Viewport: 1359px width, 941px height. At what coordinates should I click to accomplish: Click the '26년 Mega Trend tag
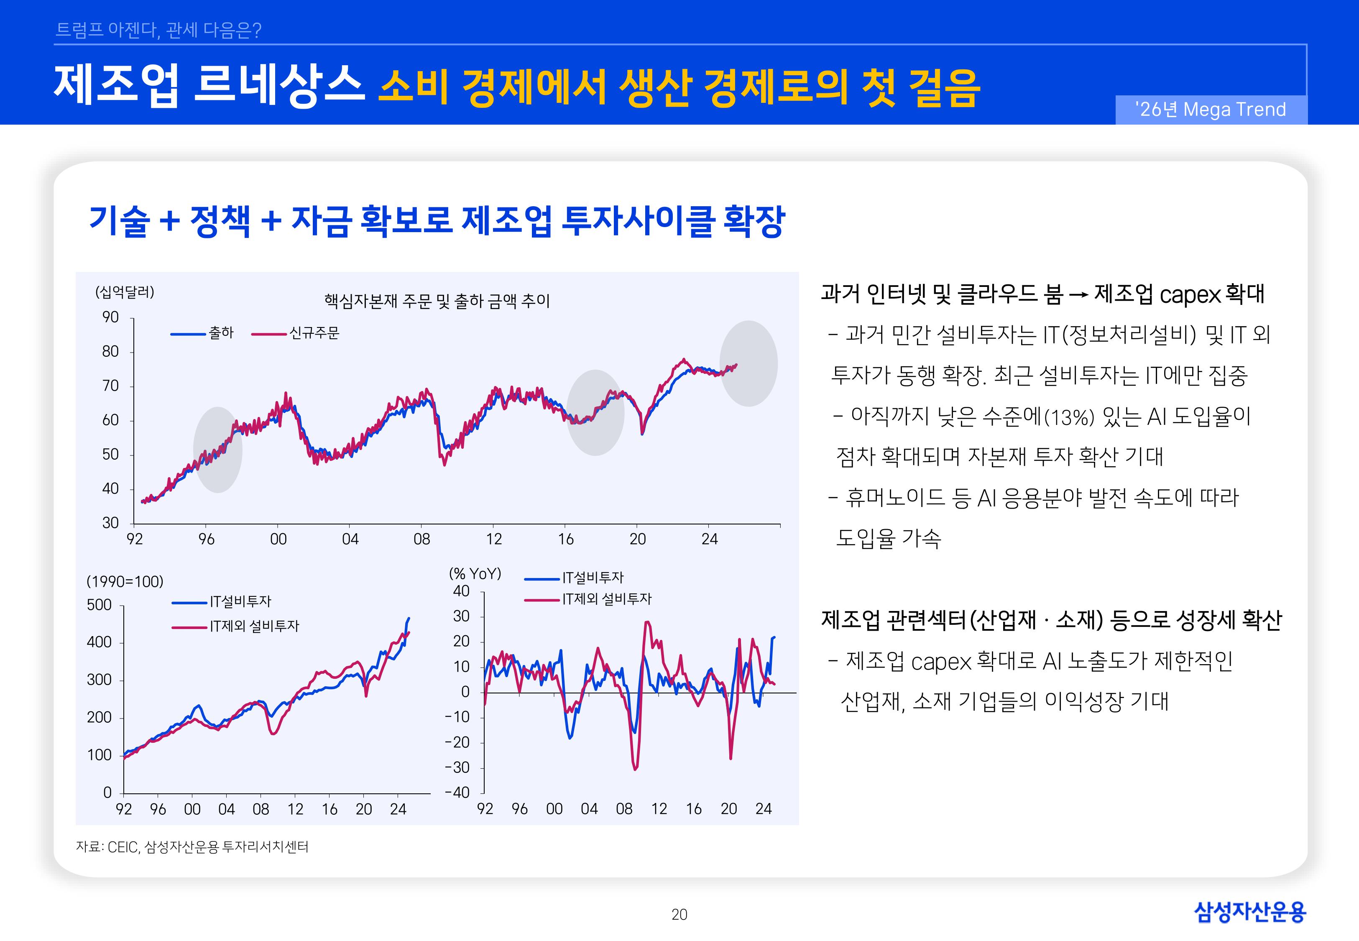(1211, 110)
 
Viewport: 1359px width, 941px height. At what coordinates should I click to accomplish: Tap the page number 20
(679, 915)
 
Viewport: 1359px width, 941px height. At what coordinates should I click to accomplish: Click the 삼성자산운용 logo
(1249, 912)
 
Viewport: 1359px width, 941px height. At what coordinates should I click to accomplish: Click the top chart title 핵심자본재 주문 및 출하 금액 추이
(437, 301)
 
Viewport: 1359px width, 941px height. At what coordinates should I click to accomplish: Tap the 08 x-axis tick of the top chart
(421, 539)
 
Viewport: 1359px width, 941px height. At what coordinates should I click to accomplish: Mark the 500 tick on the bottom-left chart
(99, 605)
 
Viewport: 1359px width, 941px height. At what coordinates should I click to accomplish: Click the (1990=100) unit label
(125, 581)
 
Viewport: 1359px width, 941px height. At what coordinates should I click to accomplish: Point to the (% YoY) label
(475, 574)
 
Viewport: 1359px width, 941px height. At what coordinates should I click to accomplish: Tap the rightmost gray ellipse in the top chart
(748, 363)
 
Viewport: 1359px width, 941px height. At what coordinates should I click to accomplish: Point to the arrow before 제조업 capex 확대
(1078, 294)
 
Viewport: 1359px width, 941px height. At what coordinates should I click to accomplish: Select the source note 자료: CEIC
(192, 846)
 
